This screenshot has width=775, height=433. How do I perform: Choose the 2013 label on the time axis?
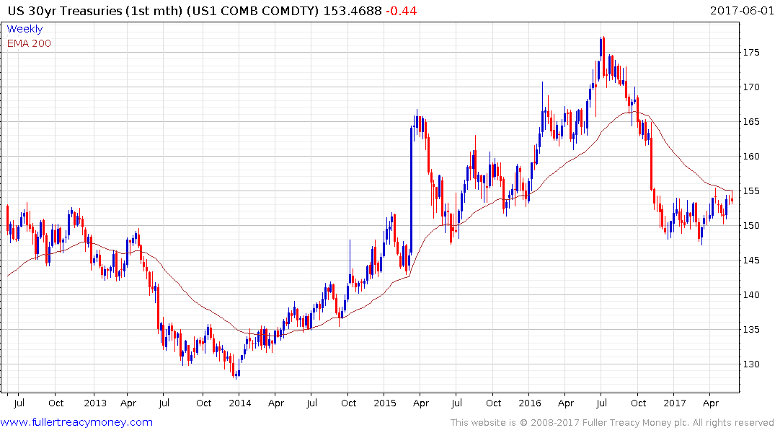94,403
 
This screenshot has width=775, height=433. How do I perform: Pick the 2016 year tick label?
530,403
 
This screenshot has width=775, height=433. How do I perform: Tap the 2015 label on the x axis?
384,403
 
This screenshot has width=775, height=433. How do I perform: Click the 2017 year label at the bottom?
675,403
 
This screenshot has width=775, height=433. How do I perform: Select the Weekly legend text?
25,29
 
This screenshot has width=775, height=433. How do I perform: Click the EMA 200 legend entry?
29,43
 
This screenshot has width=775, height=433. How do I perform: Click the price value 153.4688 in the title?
351,11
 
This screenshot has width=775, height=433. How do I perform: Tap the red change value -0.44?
401,11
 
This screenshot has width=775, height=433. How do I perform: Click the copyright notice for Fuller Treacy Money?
612,422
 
